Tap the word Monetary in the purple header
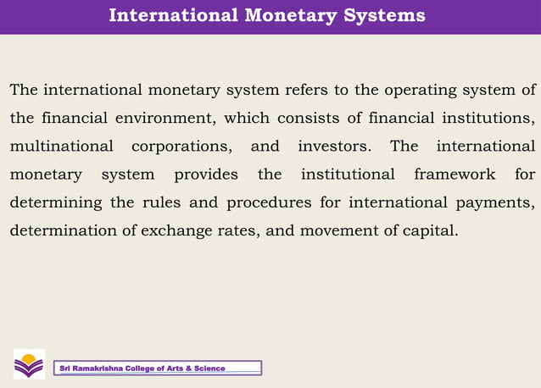click(x=294, y=16)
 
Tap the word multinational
click(x=61, y=147)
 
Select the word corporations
click(x=182, y=147)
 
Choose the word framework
click(x=454, y=175)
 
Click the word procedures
click(x=261, y=202)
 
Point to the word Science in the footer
click(x=209, y=369)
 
